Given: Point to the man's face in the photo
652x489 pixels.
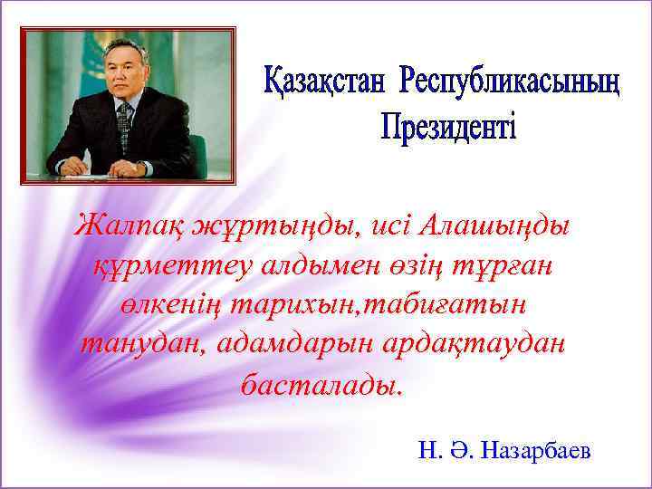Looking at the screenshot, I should click(x=123, y=76).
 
